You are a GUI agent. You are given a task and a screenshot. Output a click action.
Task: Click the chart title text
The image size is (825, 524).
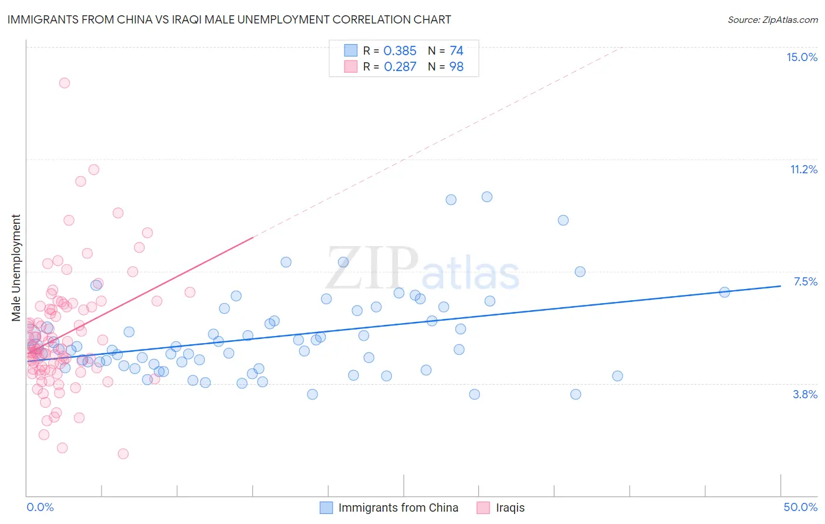(229, 19)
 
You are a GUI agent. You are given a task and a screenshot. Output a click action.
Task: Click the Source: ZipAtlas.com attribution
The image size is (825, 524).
(772, 19)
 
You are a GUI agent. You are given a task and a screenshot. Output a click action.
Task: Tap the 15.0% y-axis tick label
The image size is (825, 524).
(802, 57)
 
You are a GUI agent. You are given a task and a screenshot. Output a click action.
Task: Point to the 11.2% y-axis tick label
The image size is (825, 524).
(803, 169)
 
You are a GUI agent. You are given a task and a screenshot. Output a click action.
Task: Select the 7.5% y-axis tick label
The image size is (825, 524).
(805, 281)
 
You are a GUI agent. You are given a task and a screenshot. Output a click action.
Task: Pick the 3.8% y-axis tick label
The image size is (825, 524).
(805, 394)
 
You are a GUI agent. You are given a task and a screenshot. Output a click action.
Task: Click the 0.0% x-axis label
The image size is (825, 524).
(40, 507)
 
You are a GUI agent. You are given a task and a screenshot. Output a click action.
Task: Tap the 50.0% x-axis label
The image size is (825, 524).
(800, 507)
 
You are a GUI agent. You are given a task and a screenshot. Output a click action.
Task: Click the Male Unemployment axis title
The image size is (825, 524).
(16, 268)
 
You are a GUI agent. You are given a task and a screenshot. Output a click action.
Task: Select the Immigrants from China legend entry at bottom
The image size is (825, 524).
(398, 508)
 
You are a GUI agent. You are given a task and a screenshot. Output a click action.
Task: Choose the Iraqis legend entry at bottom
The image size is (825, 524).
(510, 508)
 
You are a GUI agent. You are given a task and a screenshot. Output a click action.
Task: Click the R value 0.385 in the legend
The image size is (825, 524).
(400, 51)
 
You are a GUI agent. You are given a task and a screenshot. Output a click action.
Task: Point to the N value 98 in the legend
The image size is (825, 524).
(456, 67)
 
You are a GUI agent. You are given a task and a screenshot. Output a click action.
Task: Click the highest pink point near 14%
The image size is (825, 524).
(65, 83)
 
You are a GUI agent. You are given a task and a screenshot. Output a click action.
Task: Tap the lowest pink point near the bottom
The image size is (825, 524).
(123, 454)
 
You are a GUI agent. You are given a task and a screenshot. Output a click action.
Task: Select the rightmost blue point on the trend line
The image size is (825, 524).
(724, 292)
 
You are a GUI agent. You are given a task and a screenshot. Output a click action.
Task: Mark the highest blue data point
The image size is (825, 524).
(487, 197)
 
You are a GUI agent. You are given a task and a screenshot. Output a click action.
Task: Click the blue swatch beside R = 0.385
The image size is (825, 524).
(350, 51)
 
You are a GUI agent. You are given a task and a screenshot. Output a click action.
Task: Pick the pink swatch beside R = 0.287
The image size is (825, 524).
(350, 66)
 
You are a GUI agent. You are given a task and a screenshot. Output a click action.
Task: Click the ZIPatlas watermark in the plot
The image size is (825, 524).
(422, 270)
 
